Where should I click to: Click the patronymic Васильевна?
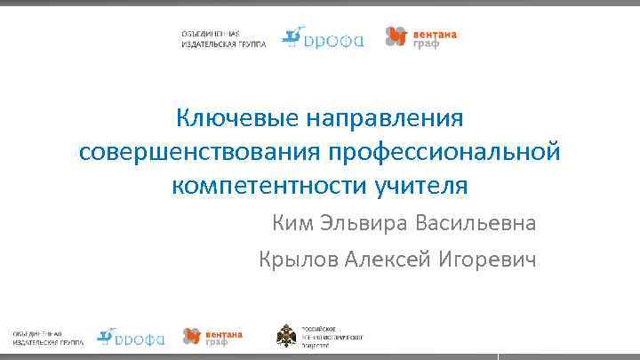tap(475, 222)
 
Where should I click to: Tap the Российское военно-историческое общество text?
tap(332, 335)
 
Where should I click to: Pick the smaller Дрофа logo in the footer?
tap(132, 336)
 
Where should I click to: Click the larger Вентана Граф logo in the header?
tap(421, 36)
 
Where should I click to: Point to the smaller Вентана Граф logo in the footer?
tap(212, 336)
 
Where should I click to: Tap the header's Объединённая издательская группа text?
tap(222, 38)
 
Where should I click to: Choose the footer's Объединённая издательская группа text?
tap(48, 336)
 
